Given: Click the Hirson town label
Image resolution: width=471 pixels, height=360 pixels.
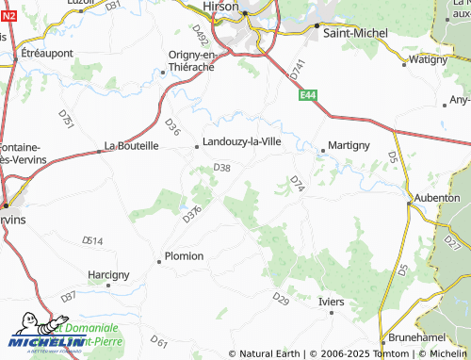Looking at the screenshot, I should (221, 6).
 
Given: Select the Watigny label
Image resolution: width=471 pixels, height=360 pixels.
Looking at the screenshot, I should (429, 59).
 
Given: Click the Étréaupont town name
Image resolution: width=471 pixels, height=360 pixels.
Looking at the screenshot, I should (47, 53).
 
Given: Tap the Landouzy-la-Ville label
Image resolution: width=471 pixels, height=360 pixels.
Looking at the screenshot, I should (243, 143).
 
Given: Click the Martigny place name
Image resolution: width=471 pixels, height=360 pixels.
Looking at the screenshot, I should (349, 146).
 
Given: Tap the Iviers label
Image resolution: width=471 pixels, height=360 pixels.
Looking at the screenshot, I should (333, 302).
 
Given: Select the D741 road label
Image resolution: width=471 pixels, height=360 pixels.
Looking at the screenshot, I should (299, 69).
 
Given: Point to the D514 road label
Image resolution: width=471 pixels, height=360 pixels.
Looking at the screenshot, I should (92, 241).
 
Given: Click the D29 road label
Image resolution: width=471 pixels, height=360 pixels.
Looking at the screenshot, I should (281, 299).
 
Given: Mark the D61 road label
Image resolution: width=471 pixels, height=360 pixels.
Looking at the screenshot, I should (158, 341).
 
